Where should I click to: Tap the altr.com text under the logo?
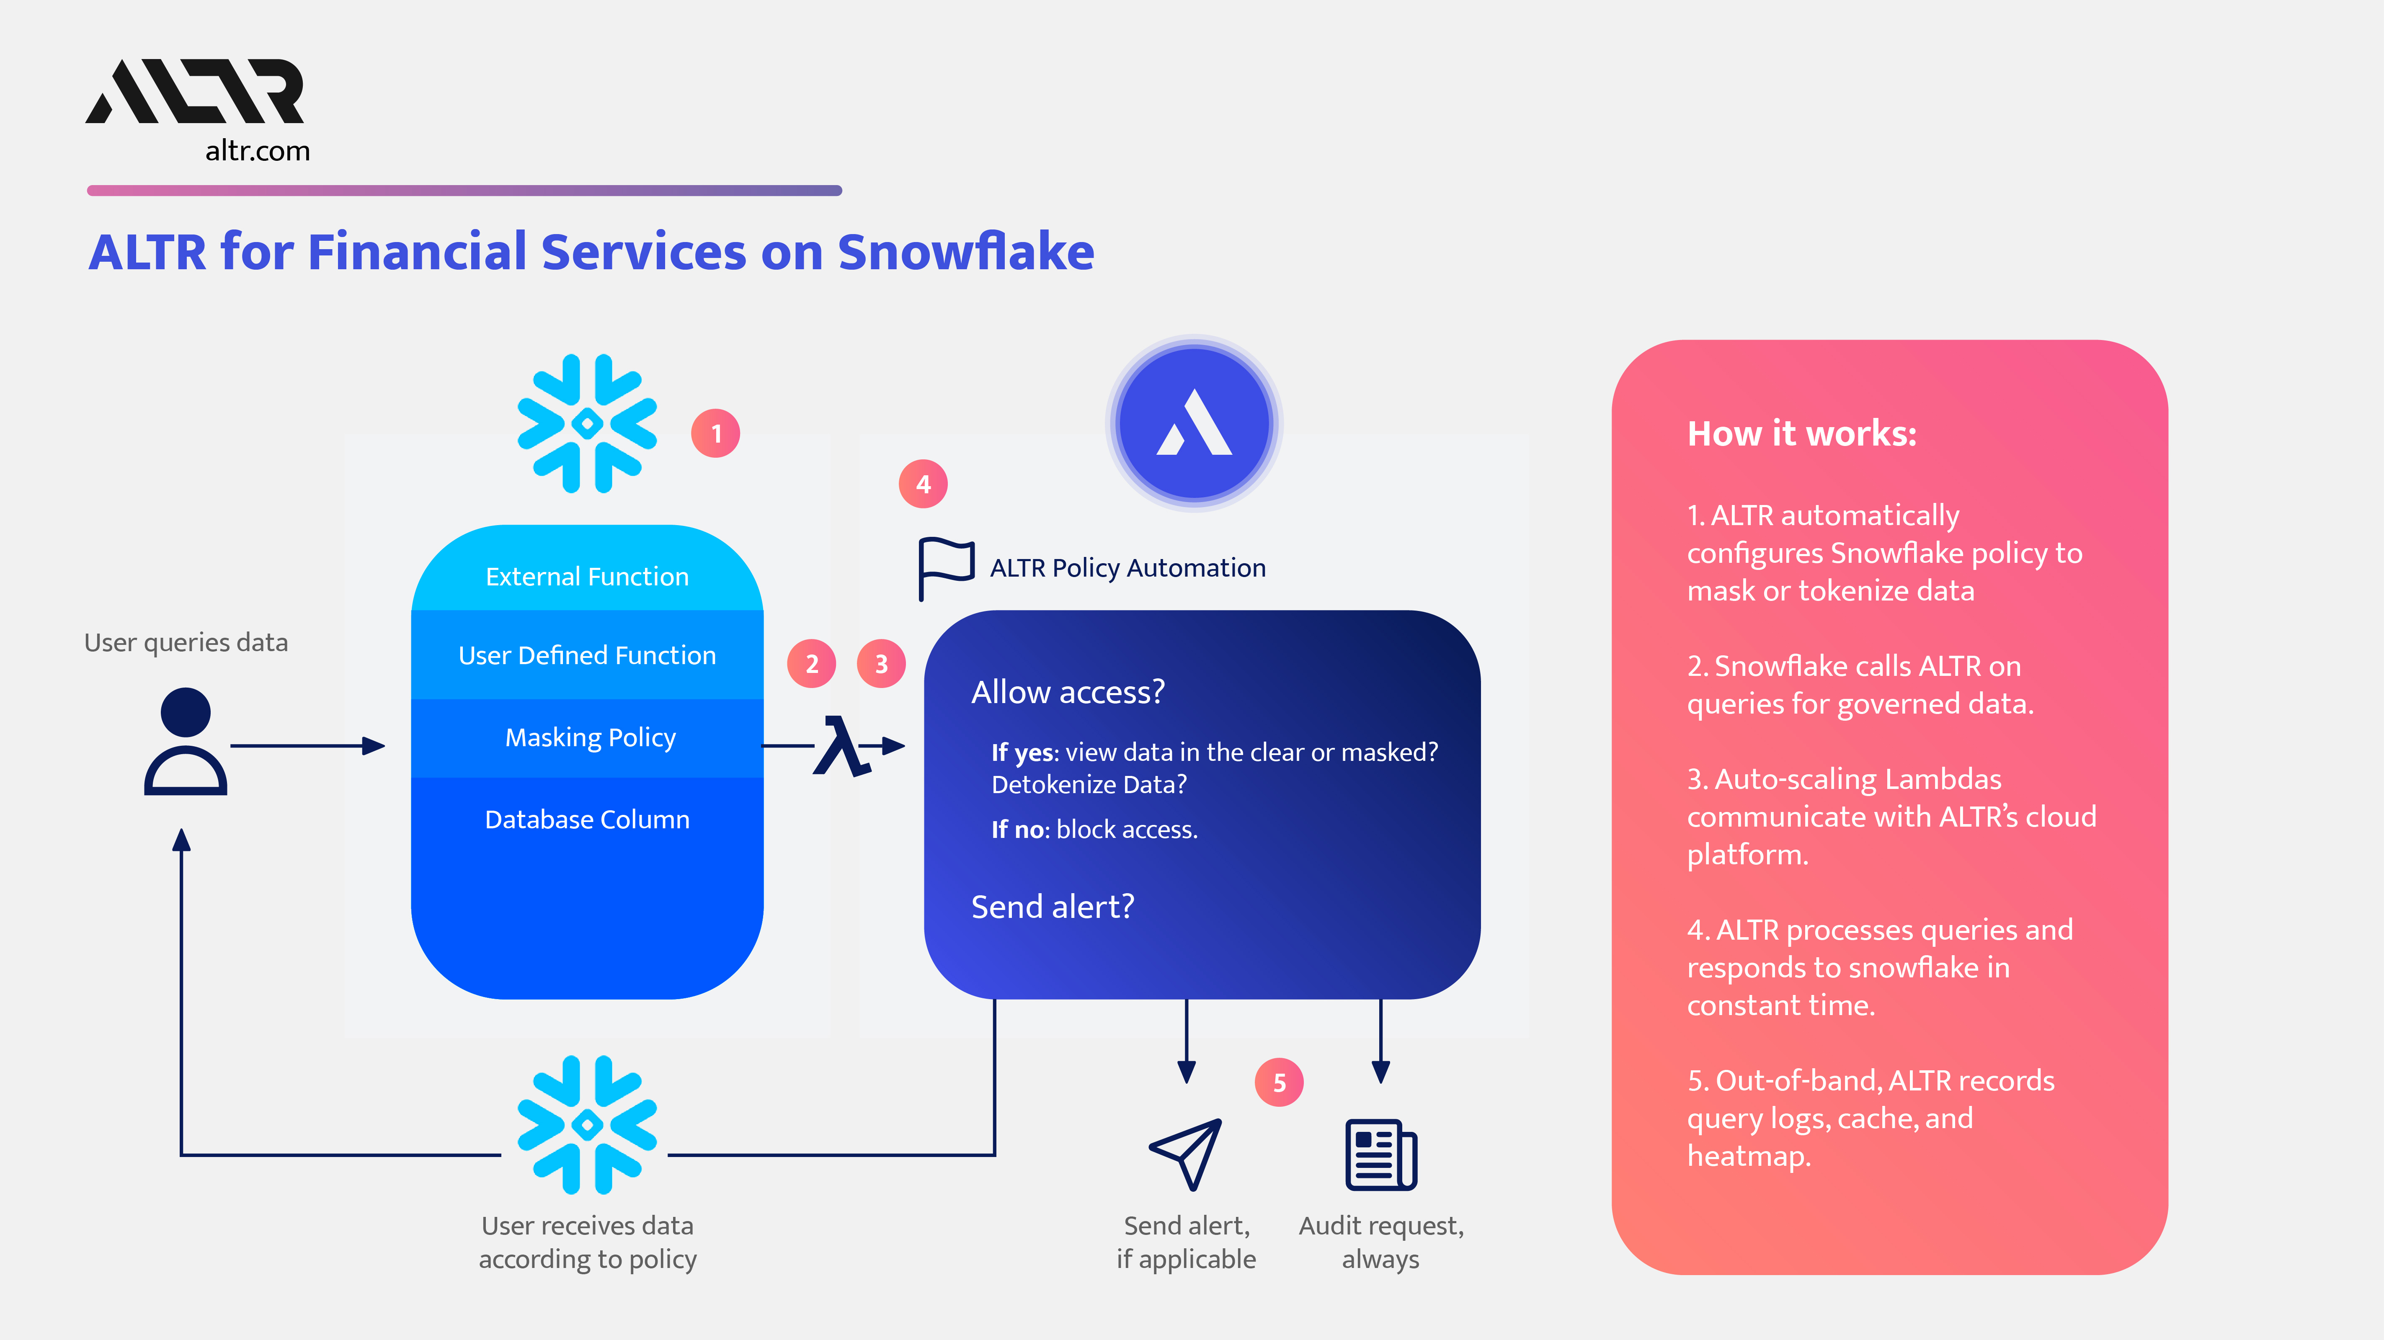click(257, 151)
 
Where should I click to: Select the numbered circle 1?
click(715, 433)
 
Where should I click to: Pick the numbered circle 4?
click(923, 484)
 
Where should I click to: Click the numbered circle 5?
click(1279, 1083)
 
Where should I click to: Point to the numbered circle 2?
click(812, 664)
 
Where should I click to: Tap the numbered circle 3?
click(881, 664)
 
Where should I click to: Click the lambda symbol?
click(840, 746)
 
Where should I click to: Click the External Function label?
click(587, 577)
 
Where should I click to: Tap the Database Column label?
click(587, 820)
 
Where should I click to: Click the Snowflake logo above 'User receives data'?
click(587, 1124)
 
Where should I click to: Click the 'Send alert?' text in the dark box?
click(1052, 907)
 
